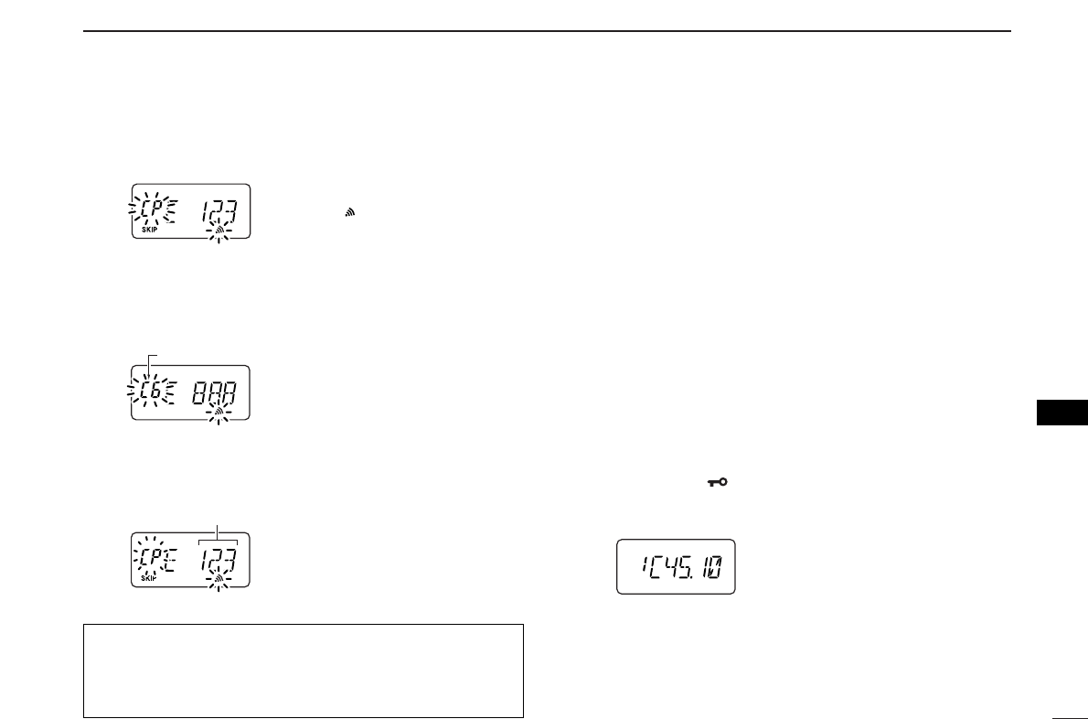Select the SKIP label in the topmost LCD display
coord(148,231)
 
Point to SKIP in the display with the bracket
coord(148,578)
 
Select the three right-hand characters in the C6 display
coord(213,394)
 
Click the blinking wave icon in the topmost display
coord(218,231)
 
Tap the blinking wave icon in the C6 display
coord(218,414)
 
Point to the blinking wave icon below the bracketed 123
coord(218,579)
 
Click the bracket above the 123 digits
coord(219,541)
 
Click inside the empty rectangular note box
coord(303,671)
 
